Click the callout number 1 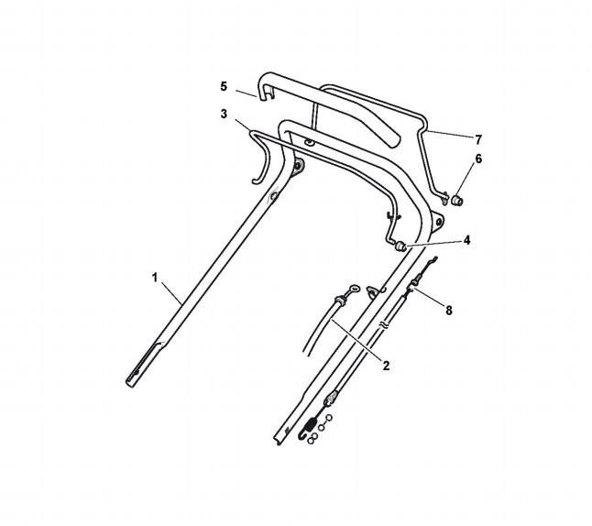(156, 277)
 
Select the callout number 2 (386, 366)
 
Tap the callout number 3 (223, 114)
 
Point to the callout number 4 (466, 240)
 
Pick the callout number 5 (223, 86)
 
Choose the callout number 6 (477, 159)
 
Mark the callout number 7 (477, 139)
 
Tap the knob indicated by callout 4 (400, 247)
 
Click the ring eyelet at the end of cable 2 (342, 295)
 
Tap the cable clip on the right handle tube (372, 292)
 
